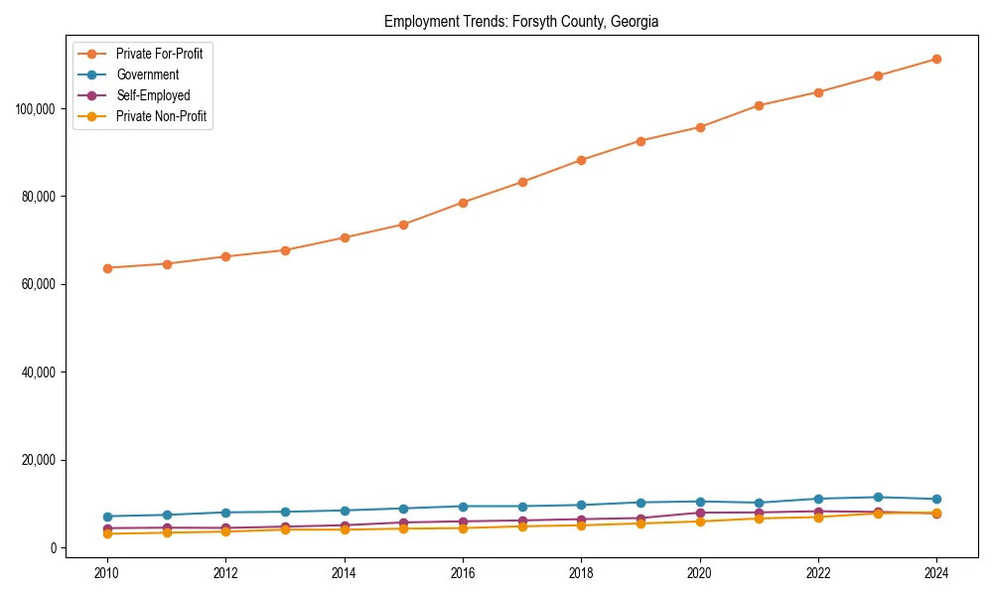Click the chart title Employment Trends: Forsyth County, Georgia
tap(521, 21)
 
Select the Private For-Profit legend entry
tap(159, 54)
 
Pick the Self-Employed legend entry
tap(152, 95)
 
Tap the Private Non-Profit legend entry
tap(160, 116)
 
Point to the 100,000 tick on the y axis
tap(36, 107)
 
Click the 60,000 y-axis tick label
tap(38, 284)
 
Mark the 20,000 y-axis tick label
tap(38, 460)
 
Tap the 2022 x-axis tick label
tap(818, 573)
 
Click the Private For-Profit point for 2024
tap(936, 60)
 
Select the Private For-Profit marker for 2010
tap(107, 268)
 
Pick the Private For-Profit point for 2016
tap(463, 203)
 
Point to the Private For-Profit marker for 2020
tap(700, 127)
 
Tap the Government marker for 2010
tap(107, 517)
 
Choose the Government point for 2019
tap(640, 503)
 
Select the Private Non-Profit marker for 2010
tap(107, 533)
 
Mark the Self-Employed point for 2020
tap(700, 513)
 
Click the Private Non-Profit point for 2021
tap(759, 519)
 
